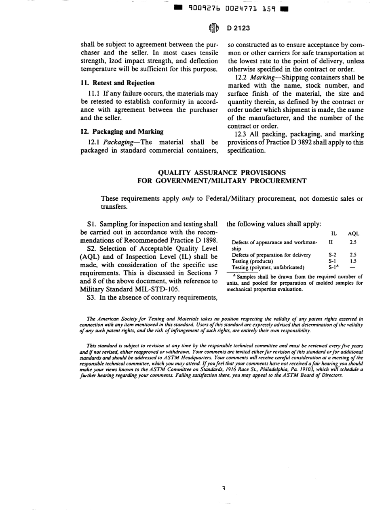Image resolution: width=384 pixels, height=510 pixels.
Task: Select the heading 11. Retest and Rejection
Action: (x=118, y=83)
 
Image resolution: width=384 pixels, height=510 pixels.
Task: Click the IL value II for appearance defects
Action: (x=331, y=243)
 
